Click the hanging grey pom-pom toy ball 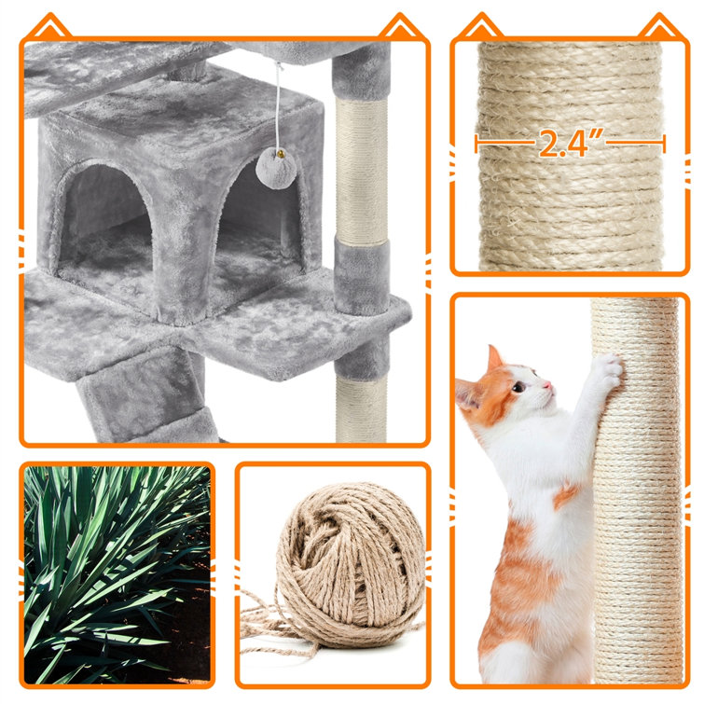coord(276,169)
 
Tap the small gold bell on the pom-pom coord(280,154)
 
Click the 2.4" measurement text coord(571,143)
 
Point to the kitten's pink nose coord(547,385)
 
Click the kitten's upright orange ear coord(494,358)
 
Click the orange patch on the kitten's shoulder coord(566,495)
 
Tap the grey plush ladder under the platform coord(144,395)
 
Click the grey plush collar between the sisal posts coord(362,276)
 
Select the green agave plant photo coord(117,575)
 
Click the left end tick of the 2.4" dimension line coord(476,144)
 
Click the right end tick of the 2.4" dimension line coord(664,144)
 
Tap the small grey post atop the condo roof coord(187,72)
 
